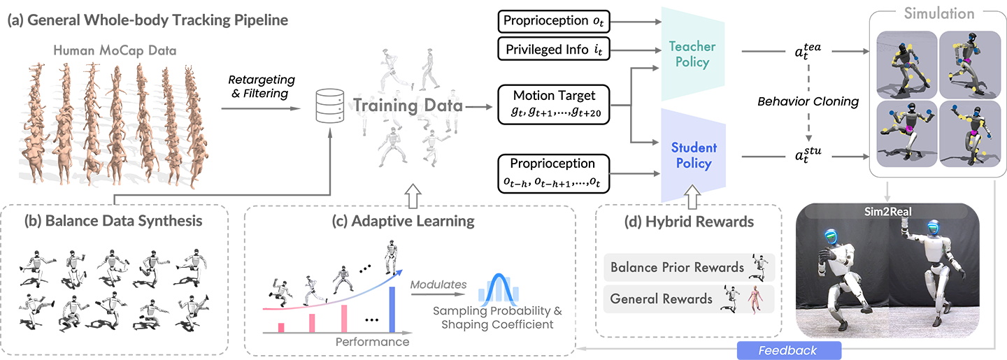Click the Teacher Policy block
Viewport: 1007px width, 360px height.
693,54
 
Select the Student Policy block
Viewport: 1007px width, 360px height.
693,155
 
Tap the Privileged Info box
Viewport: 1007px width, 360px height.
554,49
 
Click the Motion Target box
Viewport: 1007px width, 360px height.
554,104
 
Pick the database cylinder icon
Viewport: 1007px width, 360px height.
330,106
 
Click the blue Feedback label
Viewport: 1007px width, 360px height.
789,350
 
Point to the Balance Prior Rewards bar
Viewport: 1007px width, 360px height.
689,268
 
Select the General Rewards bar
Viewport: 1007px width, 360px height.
689,299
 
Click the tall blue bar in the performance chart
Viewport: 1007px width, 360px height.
392,310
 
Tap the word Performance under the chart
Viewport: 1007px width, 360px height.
372,342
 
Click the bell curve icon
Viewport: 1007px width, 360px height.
498,287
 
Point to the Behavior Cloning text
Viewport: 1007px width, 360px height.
808,101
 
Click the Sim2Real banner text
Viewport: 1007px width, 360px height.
888,212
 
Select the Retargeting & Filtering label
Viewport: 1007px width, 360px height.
262,86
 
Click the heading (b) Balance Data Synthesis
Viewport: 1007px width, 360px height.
113,221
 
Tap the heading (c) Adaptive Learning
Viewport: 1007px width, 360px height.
403,221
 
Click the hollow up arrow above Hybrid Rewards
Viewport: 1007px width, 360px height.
692,196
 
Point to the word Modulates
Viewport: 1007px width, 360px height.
438,285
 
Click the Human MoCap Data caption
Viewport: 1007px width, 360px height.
115,50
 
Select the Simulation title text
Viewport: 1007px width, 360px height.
939,13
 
